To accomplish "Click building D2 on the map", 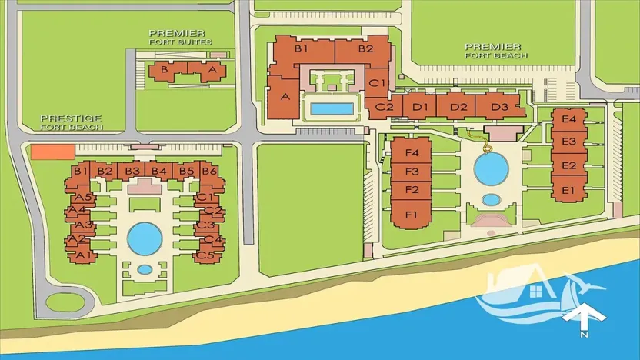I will [458, 105].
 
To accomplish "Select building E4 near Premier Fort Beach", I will [569, 119].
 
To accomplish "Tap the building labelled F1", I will [411, 213].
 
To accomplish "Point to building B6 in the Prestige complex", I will [208, 172].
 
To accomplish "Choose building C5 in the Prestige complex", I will [205, 254].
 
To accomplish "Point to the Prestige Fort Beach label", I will [71, 122].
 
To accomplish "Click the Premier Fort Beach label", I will [496, 51].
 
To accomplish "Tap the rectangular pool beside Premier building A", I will [332, 108].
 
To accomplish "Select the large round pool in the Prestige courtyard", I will [144, 238].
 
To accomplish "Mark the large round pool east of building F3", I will [490, 166].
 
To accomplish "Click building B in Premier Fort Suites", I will [163, 70].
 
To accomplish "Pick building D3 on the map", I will [500, 105].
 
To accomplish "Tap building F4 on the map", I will [411, 152].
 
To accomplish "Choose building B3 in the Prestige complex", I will [132, 171].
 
